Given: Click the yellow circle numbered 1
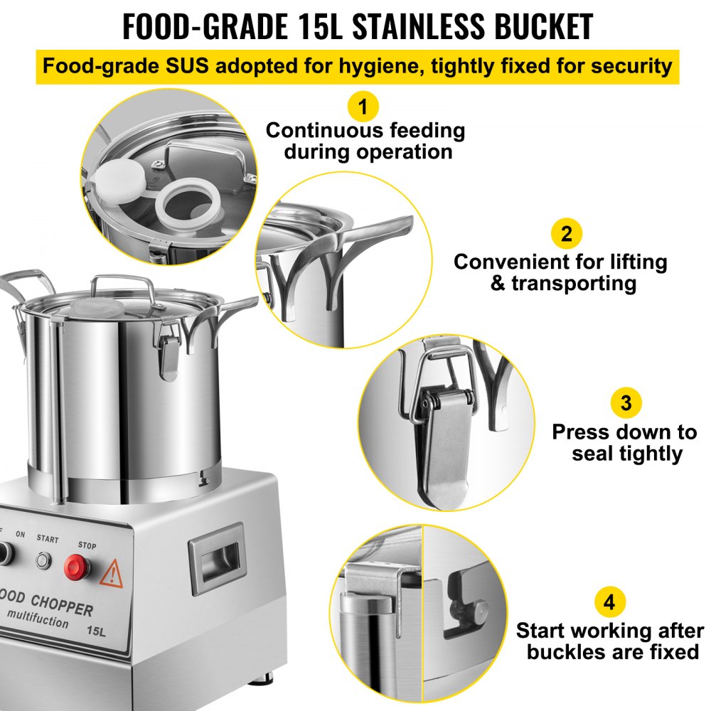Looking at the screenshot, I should tap(363, 108).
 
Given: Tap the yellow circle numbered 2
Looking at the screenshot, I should tap(566, 234).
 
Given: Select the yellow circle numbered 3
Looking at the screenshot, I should tap(626, 403).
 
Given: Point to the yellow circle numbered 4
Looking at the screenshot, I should tap(609, 604).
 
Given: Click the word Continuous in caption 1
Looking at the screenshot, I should tap(315, 130).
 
